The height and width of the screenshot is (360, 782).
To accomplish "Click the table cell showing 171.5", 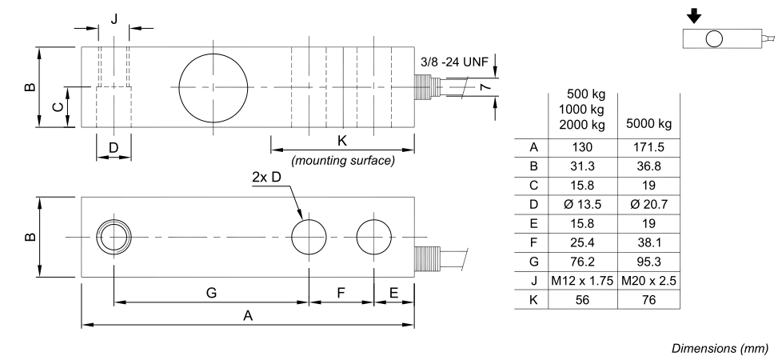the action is tap(648, 147).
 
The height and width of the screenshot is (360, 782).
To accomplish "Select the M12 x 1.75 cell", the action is tap(582, 281).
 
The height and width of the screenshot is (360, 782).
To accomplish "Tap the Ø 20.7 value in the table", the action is tap(648, 204).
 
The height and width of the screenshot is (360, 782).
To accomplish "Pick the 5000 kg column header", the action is tap(648, 124).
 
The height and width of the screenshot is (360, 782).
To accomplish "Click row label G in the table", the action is tap(533, 262).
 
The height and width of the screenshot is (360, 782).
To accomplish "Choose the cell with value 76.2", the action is tap(582, 262).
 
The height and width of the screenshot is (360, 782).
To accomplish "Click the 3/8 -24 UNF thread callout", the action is tap(454, 62).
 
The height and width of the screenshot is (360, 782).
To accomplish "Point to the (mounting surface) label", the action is tap(343, 161).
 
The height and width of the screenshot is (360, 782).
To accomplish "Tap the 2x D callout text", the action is tap(267, 178).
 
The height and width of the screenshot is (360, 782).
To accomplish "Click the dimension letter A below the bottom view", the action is tap(248, 315).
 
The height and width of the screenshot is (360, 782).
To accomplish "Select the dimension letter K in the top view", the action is tap(342, 141).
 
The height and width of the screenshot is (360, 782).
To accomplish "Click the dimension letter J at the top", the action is tap(114, 19).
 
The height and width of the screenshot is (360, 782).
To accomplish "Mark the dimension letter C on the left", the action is tap(58, 107).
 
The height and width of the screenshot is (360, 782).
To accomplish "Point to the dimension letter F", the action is tap(341, 293).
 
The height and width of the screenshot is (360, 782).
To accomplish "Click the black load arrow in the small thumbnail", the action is tap(694, 16).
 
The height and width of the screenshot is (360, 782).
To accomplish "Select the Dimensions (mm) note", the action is tap(720, 348).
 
